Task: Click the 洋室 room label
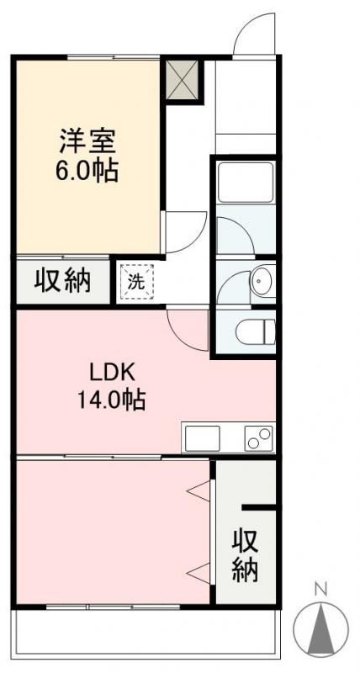pyautogui.click(x=87, y=139)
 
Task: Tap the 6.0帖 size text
pyautogui.click(x=87, y=171)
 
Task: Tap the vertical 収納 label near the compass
pyautogui.click(x=245, y=554)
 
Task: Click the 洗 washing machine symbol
pyautogui.click(x=136, y=282)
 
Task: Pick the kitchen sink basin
pyautogui.click(x=202, y=438)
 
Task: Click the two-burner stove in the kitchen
pyautogui.click(x=259, y=438)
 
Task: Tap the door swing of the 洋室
pyautogui.click(x=183, y=231)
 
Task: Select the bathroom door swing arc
pyautogui.click(x=233, y=232)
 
